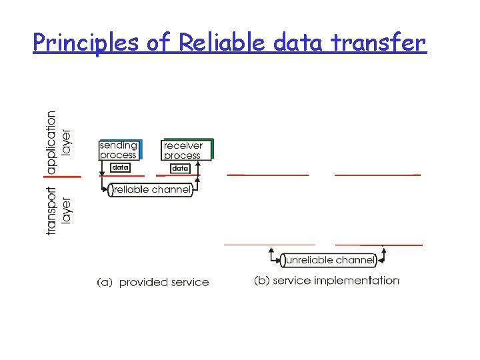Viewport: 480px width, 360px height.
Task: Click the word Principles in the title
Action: pyautogui.click(x=85, y=43)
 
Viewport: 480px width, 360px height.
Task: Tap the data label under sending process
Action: pyautogui.click(x=120, y=167)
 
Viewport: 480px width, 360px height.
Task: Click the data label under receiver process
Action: pyautogui.click(x=180, y=169)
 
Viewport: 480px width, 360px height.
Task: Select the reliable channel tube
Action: pyautogui.click(x=151, y=190)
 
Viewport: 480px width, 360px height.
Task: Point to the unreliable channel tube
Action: pyautogui.click(x=328, y=260)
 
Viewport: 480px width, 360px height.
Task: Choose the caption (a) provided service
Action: pyautogui.click(x=153, y=283)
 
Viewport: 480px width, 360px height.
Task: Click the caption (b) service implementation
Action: pyautogui.click(x=327, y=281)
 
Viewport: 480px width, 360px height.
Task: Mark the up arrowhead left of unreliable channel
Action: pyautogui.click(x=272, y=252)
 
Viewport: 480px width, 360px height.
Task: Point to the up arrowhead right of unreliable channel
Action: pyautogui.click(x=384, y=252)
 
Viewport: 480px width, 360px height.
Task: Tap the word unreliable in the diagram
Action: pyautogui.click(x=309, y=260)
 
